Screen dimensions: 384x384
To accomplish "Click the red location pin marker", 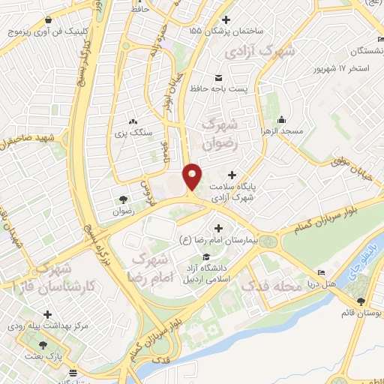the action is (193, 175).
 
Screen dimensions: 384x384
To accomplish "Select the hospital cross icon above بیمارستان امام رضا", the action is (218, 228).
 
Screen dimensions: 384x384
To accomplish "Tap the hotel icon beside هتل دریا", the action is (322, 273).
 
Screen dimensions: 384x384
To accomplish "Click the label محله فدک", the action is (298, 286).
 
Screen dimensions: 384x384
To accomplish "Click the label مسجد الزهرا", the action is (281, 131).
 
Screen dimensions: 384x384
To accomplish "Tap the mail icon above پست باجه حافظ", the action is (218, 78).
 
